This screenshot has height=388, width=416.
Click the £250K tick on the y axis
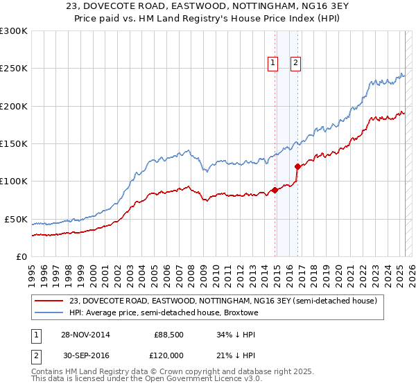coord(14,69)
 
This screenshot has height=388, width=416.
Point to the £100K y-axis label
coord(14,182)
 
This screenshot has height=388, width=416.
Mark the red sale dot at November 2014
coord(275,190)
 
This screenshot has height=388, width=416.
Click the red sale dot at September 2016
coord(297,166)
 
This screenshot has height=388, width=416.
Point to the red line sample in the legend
coord(49,301)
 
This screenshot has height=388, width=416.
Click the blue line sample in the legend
coord(49,312)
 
